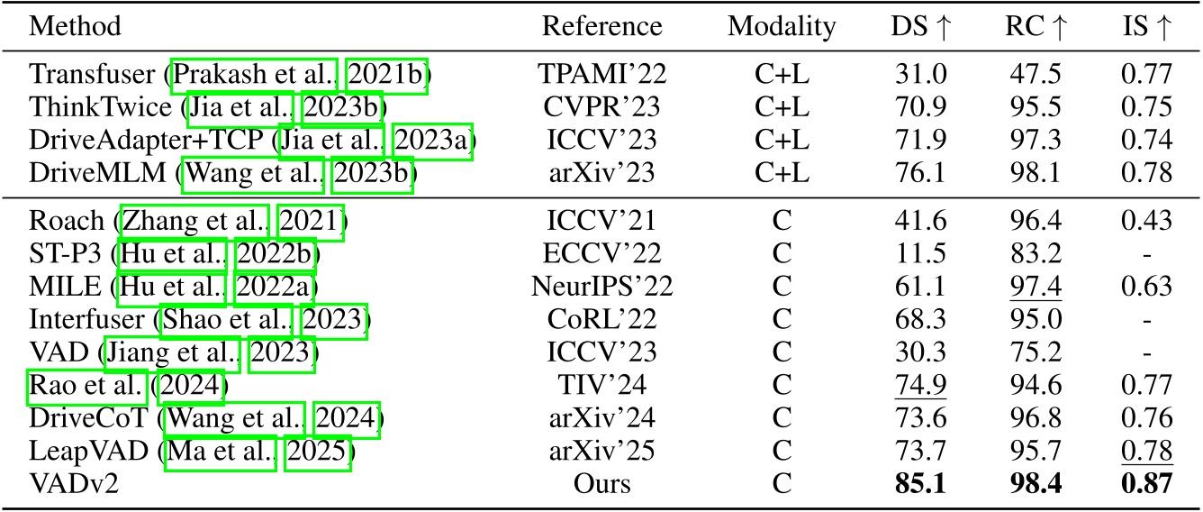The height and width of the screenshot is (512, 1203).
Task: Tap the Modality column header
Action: point(782,27)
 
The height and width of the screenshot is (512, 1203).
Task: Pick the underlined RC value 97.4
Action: point(1032,288)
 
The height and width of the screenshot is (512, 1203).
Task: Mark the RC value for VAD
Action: point(1032,352)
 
